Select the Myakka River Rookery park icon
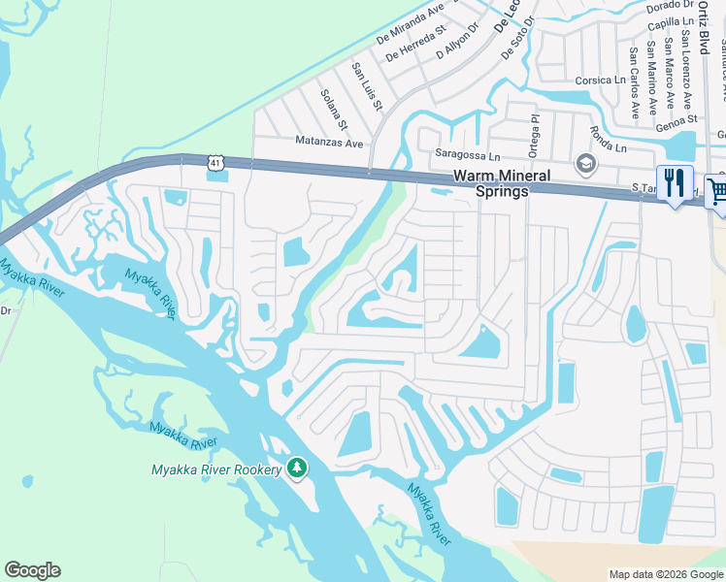[x=297, y=469]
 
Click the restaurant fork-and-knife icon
[x=674, y=182]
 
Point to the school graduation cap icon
[x=585, y=163]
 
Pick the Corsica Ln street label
[x=601, y=81]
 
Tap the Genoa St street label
[x=677, y=119]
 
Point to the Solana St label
[x=335, y=110]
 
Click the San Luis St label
[x=367, y=84]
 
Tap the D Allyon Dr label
[x=458, y=42]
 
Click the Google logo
[x=32, y=570]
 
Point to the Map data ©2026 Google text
[x=665, y=574]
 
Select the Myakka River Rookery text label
[x=215, y=469]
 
